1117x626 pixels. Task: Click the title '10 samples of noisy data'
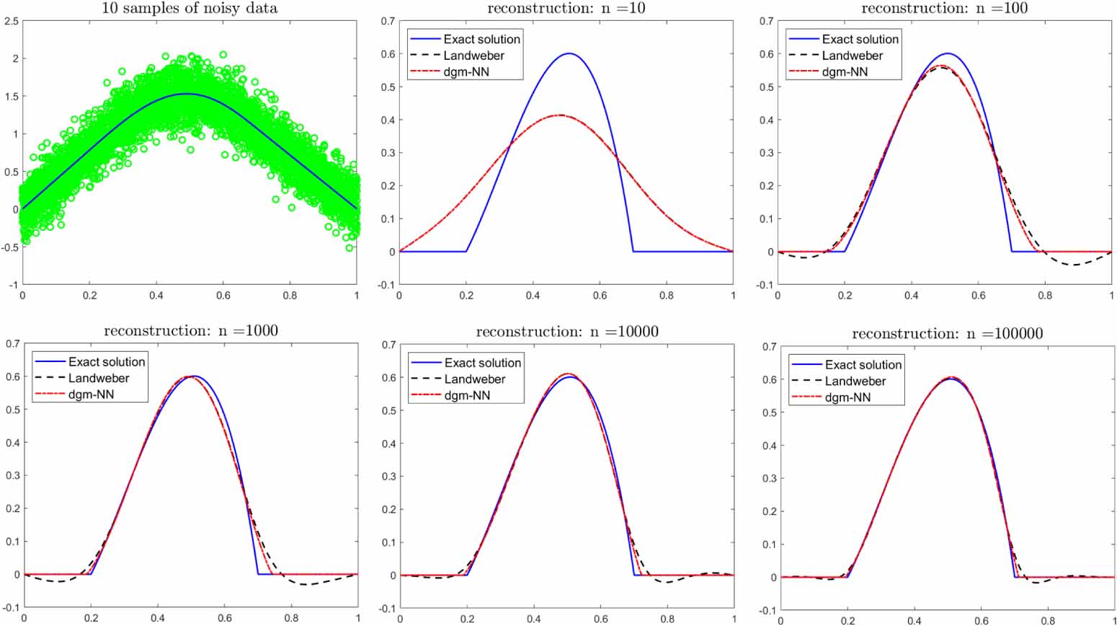(190, 9)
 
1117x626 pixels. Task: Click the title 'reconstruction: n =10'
(566, 9)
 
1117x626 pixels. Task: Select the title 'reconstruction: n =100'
(944, 9)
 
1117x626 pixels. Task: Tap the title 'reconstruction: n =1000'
(191, 331)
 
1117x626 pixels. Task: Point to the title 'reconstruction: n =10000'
(566, 332)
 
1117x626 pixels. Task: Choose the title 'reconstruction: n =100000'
(947, 334)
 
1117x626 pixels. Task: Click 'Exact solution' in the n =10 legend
(481, 39)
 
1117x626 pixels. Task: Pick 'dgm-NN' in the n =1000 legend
(91, 394)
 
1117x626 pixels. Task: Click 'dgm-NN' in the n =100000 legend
(847, 397)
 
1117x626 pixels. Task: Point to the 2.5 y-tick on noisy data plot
(12, 22)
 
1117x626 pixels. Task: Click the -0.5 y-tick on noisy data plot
(10, 247)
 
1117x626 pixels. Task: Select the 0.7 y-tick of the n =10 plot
(388, 22)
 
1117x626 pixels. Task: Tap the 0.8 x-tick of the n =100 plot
(1044, 295)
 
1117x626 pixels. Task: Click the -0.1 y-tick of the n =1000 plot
(12, 608)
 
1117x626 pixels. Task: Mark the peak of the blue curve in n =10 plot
(569, 53)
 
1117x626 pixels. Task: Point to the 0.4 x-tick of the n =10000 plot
(533, 619)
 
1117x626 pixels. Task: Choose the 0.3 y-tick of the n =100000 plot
(768, 479)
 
